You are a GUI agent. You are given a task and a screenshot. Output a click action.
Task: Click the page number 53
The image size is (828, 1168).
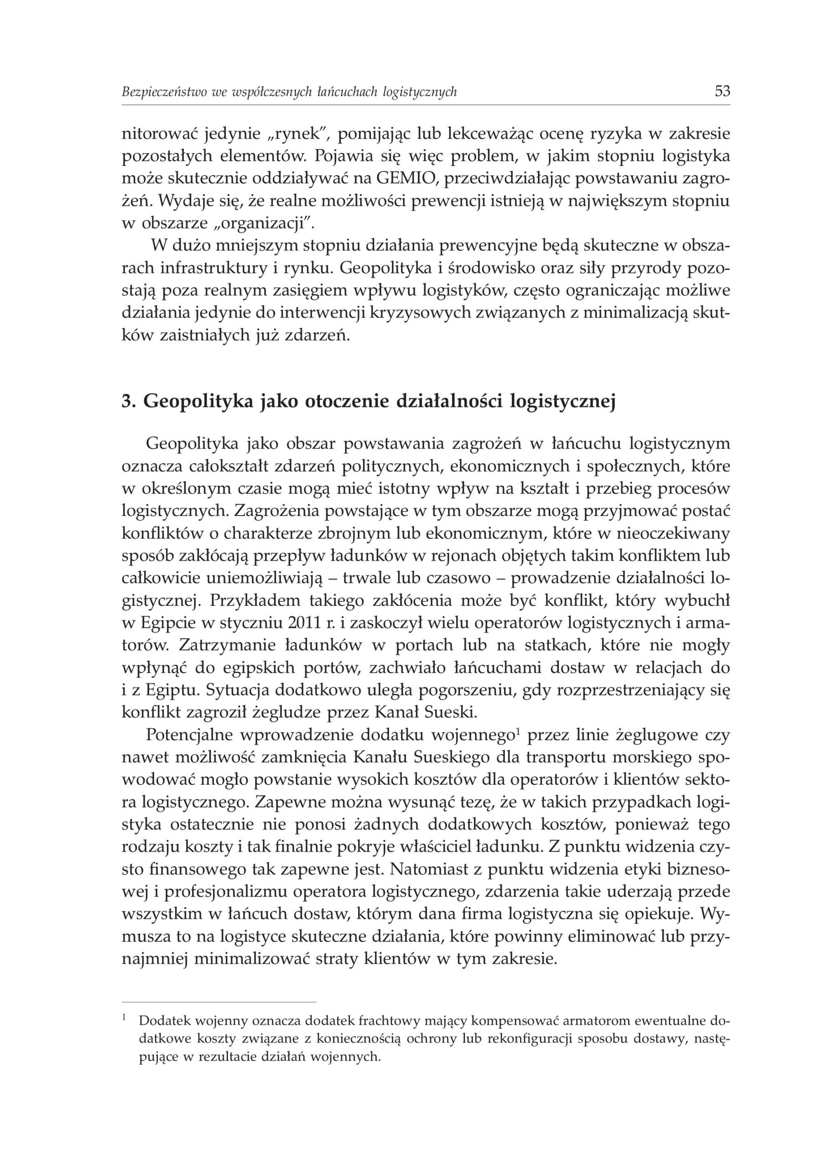tap(723, 92)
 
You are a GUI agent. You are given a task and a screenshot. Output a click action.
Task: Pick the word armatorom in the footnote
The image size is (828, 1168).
tap(601, 1021)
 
